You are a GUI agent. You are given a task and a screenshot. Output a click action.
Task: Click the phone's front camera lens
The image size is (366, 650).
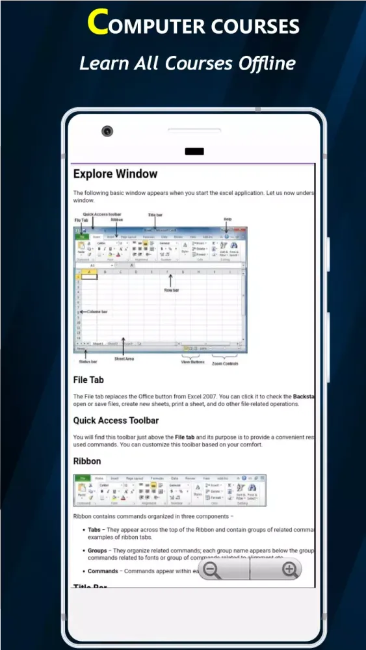tap(107, 131)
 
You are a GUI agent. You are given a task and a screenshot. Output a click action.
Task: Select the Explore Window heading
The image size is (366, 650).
tap(115, 174)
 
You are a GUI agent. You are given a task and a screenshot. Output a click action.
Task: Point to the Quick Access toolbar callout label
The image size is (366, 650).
tap(102, 214)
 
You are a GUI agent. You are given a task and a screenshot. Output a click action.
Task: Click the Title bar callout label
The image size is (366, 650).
tap(155, 214)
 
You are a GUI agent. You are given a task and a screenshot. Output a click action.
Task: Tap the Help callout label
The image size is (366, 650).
tap(228, 219)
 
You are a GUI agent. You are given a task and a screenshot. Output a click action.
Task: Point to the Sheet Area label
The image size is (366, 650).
tap(124, 359)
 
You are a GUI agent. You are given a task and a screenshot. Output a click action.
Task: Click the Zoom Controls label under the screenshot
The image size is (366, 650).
tap(225, 363)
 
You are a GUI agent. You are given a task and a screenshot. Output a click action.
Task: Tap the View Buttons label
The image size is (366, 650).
tap(192, 362)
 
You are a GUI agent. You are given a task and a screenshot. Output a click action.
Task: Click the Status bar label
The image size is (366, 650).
tap(88, 361)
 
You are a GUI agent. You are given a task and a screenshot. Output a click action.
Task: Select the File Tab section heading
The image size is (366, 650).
tap(88, 380)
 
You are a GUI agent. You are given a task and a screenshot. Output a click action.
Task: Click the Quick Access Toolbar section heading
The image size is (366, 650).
tap(116, 421)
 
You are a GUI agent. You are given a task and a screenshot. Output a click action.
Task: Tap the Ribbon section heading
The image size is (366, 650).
tap(87, 461)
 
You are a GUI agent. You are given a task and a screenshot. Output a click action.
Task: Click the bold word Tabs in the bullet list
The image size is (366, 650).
tap(94, 530)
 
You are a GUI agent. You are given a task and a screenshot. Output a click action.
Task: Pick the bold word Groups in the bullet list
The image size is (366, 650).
tap(98, 550)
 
